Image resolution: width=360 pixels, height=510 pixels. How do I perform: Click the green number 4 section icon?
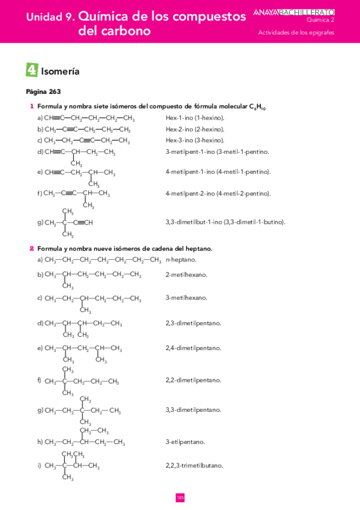point(32,70)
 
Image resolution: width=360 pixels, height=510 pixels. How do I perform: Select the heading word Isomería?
point(60,72)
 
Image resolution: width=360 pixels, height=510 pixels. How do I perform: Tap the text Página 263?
point(43,92)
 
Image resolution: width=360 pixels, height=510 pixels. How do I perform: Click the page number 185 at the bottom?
point(180,497)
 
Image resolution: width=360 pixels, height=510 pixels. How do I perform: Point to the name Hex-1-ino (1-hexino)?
point(195,118)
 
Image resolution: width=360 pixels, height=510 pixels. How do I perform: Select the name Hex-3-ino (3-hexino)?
point(195,140)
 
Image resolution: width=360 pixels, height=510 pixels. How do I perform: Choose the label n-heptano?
point(181,260)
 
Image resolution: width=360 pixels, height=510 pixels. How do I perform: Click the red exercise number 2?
point(31,248)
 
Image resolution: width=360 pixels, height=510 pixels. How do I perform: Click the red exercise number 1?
point(31,106)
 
